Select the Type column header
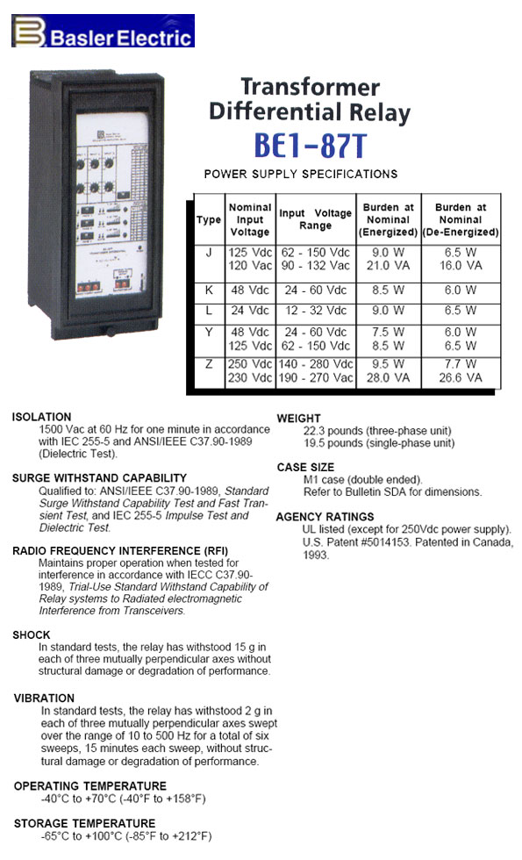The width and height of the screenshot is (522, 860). pyautogui.click(x=207, y=219)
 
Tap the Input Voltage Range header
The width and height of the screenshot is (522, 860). pyautogui.click(x=315, y=219)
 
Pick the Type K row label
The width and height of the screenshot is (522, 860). pyautogui.click(x=207, y=287)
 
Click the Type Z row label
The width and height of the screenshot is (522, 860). pyautogui.click(x=207, y=363)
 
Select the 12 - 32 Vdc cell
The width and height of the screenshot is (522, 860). pyautogui.click(x=315, y=310)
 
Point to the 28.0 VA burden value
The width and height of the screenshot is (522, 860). pyautogui.click(x=388, y=377)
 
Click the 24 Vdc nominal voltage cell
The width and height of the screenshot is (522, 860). pyautogui.click(x=250, y=310)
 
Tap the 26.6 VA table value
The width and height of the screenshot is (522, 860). pyautogui.click(x=461, y=377)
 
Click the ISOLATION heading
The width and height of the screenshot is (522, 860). pyautogui.click(x=42, y=417)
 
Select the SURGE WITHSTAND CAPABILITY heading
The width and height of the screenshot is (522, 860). pyautogui.click(x=100, y=478)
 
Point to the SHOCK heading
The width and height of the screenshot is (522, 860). pyautogui.click(x=32, y=634)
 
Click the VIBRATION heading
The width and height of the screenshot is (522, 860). pyautogui.click(x=44, y=698)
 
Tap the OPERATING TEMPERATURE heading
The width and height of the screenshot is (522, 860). pyautogui.click(x=90, y=785)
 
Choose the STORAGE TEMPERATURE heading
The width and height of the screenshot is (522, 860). pyautogui.click(x=85, y=823)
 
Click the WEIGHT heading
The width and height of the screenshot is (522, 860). pyautogui.click(x=299, y=419)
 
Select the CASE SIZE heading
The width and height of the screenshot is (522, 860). pyautogui.click(x=305, y=467)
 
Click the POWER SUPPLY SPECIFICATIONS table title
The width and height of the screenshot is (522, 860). pyautogui.click(x=300, y=174)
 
